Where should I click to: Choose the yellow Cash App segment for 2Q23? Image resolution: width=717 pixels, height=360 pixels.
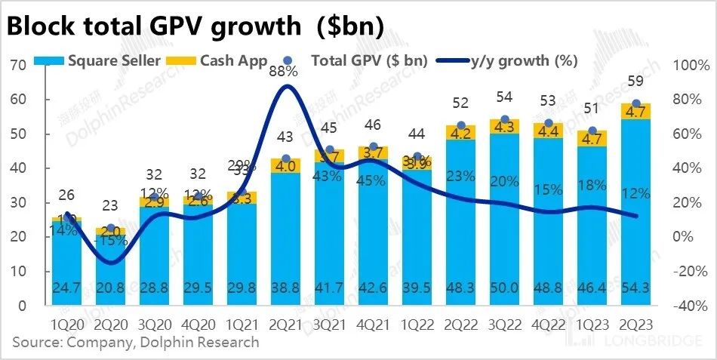(x=636, y=111)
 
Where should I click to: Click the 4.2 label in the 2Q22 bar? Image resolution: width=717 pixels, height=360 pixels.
(x=460, y=133)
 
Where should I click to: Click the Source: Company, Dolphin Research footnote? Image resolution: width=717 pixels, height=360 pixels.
(x=135, y=343)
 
